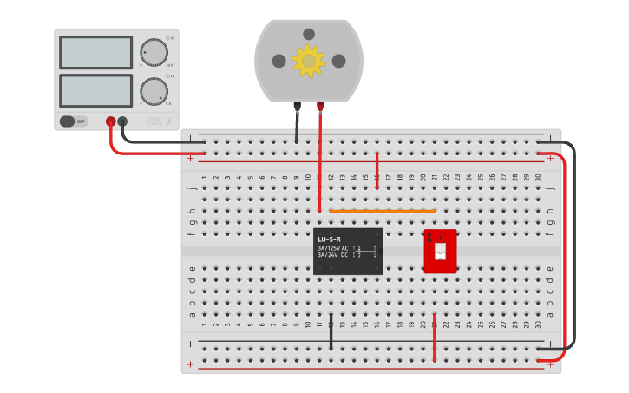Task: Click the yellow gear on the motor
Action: (x=308, y=61)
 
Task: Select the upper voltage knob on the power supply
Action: (x=154, y=52)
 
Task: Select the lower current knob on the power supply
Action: (x=154, y=90)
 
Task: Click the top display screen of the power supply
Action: (x=95, y=52)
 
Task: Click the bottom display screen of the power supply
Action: (x=95, y=90)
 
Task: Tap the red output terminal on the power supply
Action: (x=110, y=121)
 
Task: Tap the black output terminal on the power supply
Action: (x=122, y=121)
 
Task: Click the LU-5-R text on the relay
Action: (x=329, y=239)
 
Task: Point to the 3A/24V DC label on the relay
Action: (x=333, y=255)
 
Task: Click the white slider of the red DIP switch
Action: (x=440, y=251)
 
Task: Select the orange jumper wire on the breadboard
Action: (x=382, y=211)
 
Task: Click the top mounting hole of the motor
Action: (x=309, y=34)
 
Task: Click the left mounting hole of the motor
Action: (x=278, y=61)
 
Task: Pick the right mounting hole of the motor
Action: (x=338, y=61)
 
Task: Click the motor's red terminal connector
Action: (x=320, y=107)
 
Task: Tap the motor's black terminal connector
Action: (x=297, y=107)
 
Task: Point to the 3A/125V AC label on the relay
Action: (x=333, y=248)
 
